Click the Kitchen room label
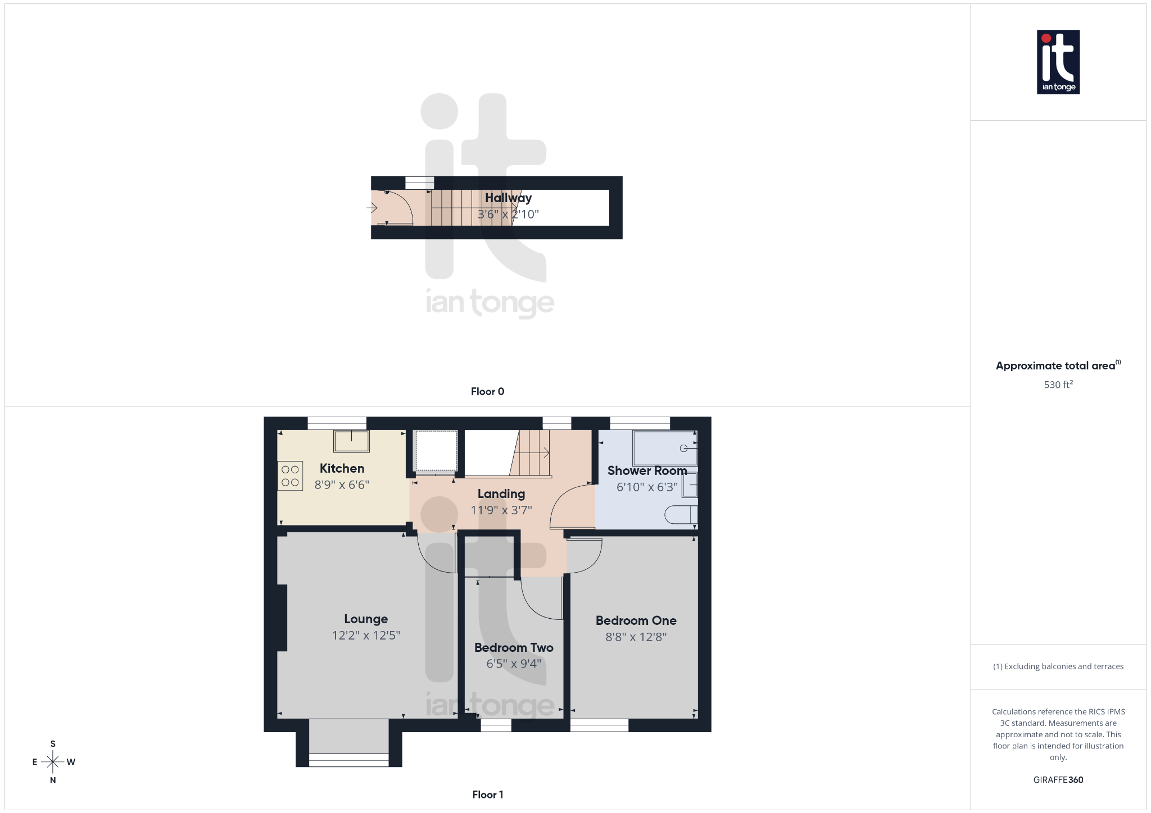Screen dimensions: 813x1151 coord(342,468)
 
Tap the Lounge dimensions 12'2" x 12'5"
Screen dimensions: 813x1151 coord(366,636)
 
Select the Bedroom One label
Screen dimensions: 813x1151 coord(636,620)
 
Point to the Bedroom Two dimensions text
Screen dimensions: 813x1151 coord(514,664)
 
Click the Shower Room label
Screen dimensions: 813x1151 coord(647,471)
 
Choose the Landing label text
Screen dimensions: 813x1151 coord(501,494)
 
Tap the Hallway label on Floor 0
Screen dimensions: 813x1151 coord(508,198)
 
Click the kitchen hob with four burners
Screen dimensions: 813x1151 coord(290,476)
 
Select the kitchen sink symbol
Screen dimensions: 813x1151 coord(351,441)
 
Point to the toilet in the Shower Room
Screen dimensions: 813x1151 coord(681,514)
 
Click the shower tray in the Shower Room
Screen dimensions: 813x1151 coord(664,448)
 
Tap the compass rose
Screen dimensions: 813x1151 coord(53,762)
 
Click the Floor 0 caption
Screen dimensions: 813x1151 coord(487,391)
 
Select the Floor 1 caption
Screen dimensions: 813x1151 coord(487,794)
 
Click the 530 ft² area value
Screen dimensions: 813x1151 coord(1058,385)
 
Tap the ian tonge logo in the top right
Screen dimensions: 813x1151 coord(1058,62)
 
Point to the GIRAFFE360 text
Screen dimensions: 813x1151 coord(1058,780)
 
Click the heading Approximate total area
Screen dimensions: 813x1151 coord(1055,366)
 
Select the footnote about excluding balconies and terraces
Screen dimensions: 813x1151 coord(1058,666)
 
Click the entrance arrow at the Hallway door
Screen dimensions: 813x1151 coord(372,208)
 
